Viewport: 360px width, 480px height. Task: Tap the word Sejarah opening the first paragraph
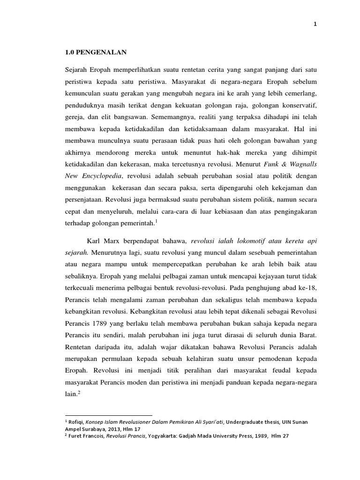point(77,70)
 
